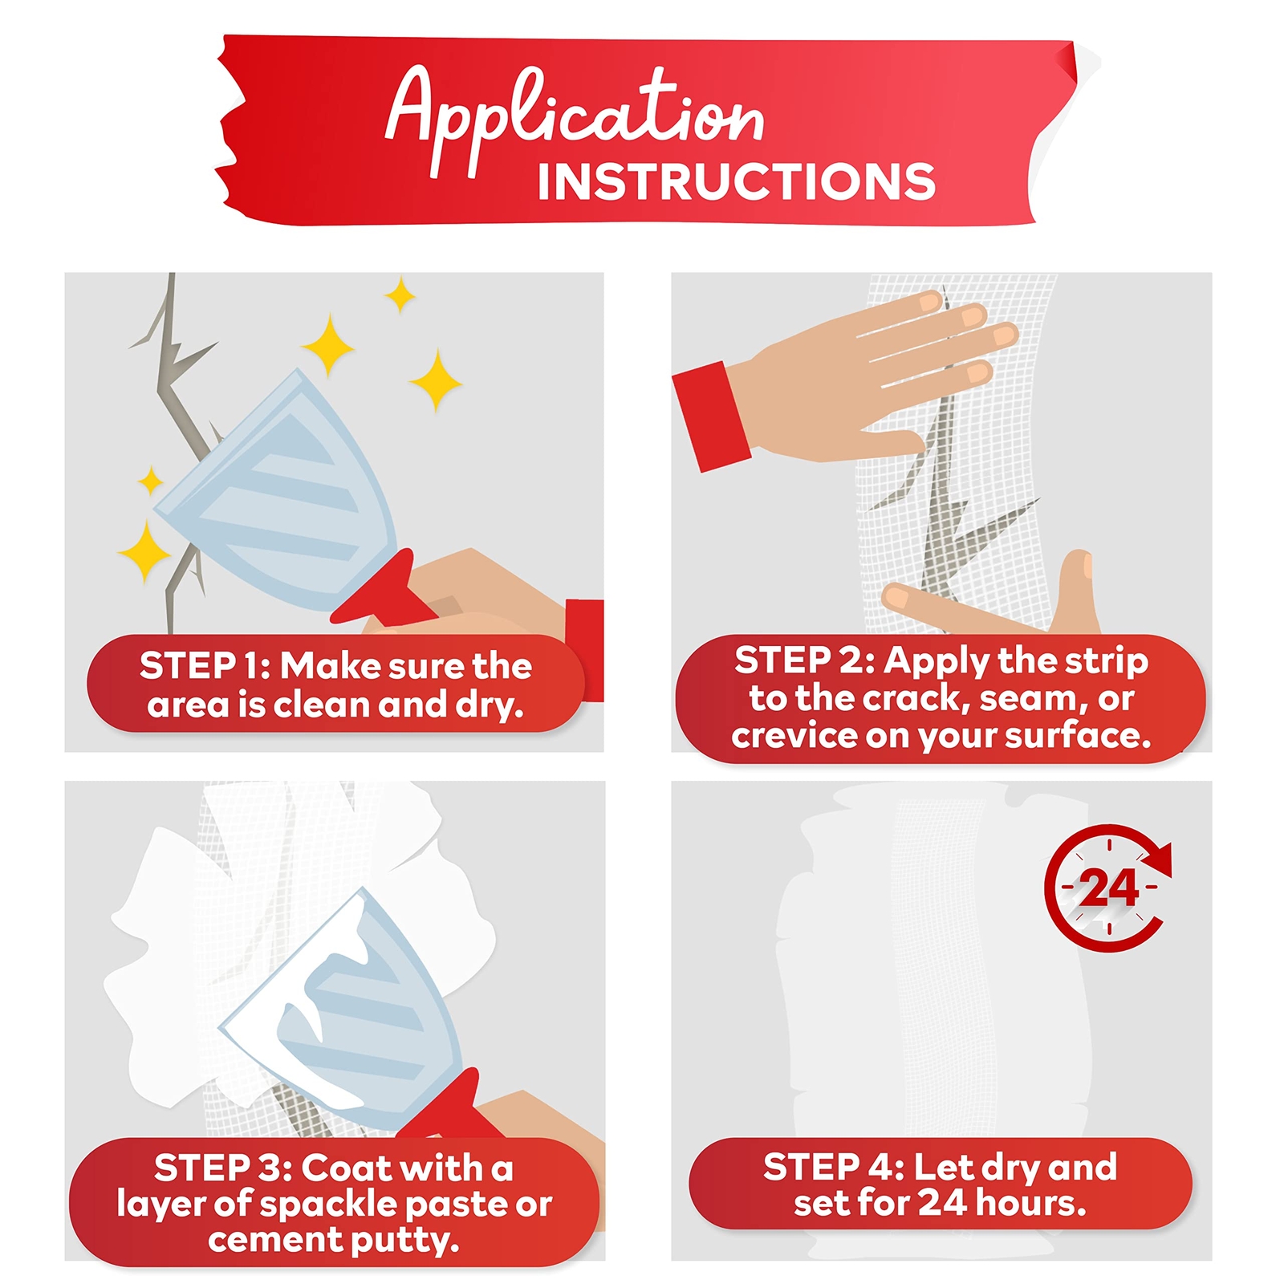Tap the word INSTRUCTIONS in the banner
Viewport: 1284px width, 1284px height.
point(737,182)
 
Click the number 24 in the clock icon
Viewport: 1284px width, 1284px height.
point(1108,888)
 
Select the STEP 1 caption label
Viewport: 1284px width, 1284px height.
point(336,684)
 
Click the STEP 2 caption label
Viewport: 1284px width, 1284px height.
point(941,698)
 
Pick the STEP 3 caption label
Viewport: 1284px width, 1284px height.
point(334,1202)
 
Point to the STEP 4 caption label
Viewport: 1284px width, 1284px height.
point(941,1184)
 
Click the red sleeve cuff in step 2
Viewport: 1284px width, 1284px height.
point(712,416)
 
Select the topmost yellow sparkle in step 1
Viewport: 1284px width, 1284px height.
point(400,295)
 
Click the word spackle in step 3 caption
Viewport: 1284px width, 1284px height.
point(330,1204)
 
